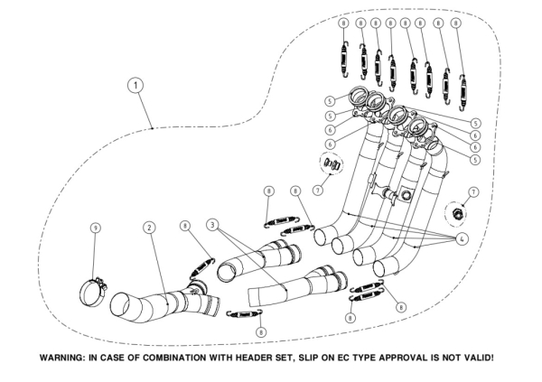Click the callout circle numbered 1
pos(135,85)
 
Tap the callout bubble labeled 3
pos(211,223)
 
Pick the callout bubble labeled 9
pos(96,228)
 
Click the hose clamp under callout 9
pos(93,292)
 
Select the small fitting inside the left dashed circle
pos(332,164)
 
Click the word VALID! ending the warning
pos(478,359)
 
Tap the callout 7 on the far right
pos(472,193)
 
